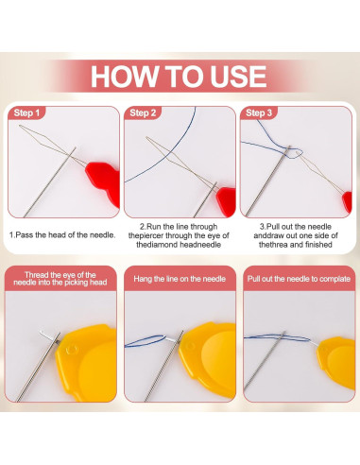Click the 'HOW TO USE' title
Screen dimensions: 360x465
[179, 77]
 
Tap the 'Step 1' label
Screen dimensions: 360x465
[26, 112]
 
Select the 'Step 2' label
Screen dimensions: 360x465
[143, 112]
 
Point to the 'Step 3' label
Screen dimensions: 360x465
[259, 112]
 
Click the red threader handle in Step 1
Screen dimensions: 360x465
[103, 180]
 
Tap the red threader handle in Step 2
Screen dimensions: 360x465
[227, 200]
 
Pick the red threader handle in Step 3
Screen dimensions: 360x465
[348, 201]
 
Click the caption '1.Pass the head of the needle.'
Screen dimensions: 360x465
[62, 235]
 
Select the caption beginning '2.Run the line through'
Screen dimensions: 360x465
[179, 235]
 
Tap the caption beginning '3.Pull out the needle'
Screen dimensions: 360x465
[296, 235]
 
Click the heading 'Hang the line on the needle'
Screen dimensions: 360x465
[180, 279]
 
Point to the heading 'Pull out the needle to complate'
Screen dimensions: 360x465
[299, 279]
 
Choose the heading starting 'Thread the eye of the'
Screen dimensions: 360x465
[60, 279]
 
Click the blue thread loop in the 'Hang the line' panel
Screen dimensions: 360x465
[146, 341]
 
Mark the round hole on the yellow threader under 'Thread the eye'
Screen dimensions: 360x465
[72, 350]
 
